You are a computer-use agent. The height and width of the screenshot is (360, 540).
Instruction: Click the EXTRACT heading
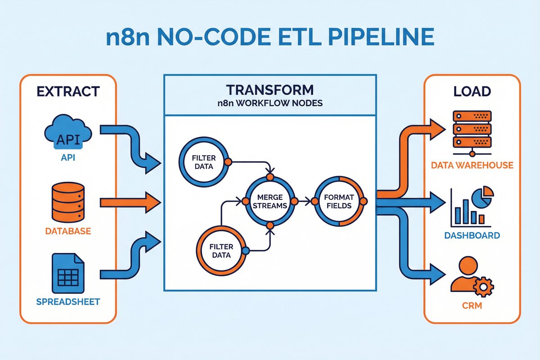point(68,92)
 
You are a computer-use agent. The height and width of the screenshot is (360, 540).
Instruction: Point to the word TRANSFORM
point(270,89)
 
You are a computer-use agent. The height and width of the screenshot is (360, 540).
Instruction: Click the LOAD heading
point(472,92)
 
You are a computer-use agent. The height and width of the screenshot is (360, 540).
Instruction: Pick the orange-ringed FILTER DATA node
point(220,250)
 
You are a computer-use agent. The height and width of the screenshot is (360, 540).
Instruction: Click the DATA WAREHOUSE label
point(472,165)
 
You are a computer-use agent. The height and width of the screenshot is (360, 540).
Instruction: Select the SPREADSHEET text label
point(68,301)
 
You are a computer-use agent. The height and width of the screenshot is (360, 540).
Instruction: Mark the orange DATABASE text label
point(68,232)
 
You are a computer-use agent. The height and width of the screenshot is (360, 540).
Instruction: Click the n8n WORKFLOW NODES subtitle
point(270,103)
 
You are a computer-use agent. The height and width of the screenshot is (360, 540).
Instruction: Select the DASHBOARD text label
point(472,235)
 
